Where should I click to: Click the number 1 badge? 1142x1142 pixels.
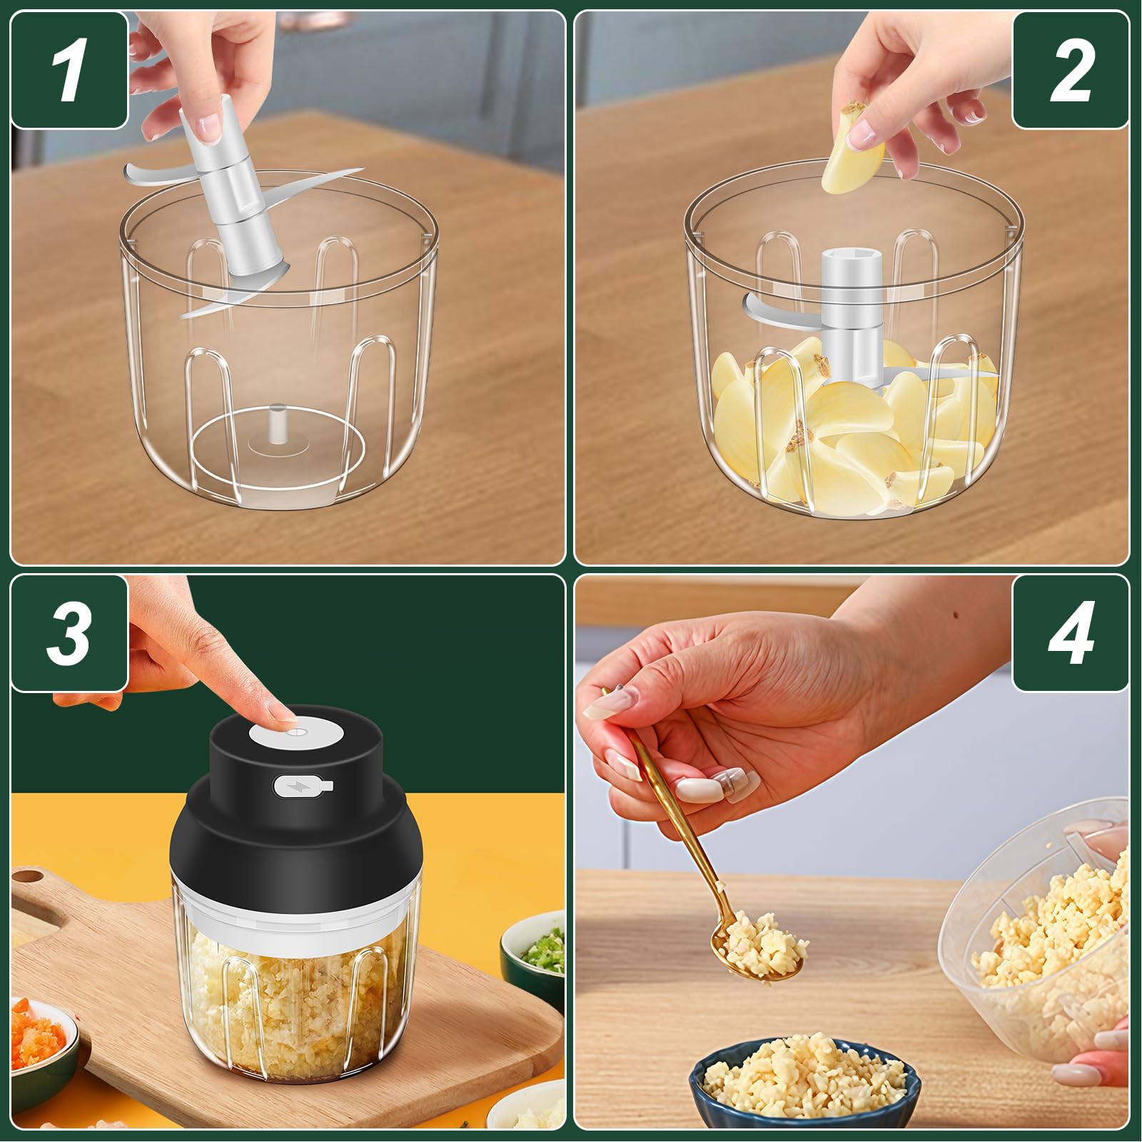pos(69,69)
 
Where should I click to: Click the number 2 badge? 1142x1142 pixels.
pos(1071,69)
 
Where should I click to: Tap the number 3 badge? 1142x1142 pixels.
pos(69,633)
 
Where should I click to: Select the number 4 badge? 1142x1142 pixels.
pos(1071,633)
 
